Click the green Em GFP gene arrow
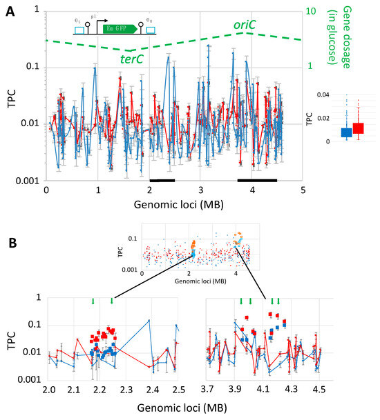118,29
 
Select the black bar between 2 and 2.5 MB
162,180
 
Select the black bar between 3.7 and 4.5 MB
257,180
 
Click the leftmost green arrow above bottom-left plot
93,301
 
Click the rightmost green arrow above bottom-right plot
278,301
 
